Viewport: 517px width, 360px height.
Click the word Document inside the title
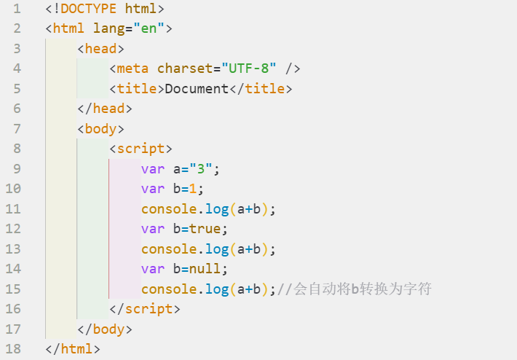(x=197, y=90)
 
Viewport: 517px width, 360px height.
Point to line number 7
(x=17, y=129)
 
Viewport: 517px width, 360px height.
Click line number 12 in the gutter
(x=13, y=229)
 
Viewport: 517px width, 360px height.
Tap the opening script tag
(x=141, y=149)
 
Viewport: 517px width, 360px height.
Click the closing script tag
(x=145, y=309)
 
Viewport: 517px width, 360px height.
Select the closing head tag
(x=105, y=109)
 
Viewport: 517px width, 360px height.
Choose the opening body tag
(x=100, y=129)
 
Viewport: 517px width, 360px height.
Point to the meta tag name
(x=133, y=69)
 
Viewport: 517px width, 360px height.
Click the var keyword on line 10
(x=153, y=189)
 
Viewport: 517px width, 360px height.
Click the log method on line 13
(x=217, y=249)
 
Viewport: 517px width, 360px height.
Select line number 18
(x=13, y=349)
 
